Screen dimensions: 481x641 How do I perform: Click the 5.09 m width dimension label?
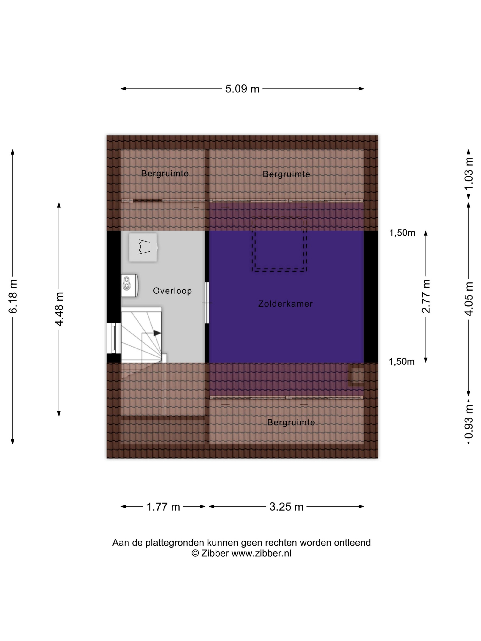tap(242, 89)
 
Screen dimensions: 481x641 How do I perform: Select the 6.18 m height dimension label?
tap(13, 296)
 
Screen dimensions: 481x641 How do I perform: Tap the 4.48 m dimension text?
tap(59, 309)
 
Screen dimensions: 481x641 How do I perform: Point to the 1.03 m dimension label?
tap(469, 173)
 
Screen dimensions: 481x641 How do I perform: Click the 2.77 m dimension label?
tap(426, 296)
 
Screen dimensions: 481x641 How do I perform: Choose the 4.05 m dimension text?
tap(469, 299)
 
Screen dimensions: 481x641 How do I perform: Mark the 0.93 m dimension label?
tap(469, 422)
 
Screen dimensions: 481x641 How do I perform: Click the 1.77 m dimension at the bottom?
tap(163, 507)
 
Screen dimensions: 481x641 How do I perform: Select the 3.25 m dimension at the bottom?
tap(287, 507)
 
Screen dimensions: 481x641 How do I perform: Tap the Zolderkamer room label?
tap(286, 304)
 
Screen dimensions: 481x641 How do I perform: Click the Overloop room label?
tap(172, 291)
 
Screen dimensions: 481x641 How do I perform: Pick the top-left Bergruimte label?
tap(165, 173)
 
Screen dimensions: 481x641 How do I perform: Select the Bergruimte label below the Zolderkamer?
tap(291, 423)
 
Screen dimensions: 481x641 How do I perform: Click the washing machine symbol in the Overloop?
tap(143, 247)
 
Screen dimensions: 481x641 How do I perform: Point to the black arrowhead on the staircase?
tap(157, 333)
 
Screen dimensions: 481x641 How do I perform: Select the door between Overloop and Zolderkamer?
tap(207, 303)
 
